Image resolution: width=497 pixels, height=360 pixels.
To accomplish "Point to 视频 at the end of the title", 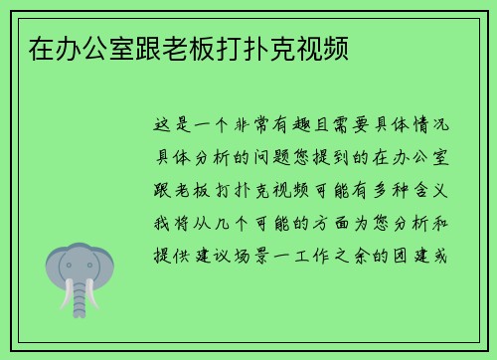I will (x=321, y=47).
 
